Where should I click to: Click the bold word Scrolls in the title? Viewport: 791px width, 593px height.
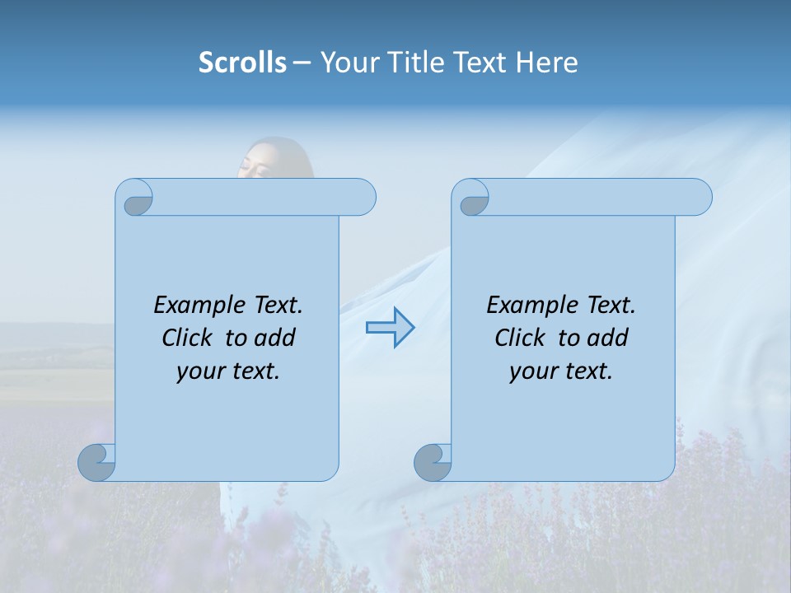pos(242,63)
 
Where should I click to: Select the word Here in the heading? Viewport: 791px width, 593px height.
pos(546,63)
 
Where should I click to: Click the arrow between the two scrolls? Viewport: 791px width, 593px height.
pos(390,327)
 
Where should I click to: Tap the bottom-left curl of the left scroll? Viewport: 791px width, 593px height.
pos(96,463)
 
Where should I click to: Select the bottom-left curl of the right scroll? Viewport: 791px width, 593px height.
pos(433,463)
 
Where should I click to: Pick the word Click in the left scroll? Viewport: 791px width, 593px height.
pos(188,338)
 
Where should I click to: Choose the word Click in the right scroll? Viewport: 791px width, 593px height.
pos(520,338)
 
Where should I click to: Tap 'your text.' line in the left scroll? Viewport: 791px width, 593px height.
pos(228,371)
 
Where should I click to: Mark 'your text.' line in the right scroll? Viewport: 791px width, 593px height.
pos(561,371)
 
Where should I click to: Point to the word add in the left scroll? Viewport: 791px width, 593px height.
pos(276,338)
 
